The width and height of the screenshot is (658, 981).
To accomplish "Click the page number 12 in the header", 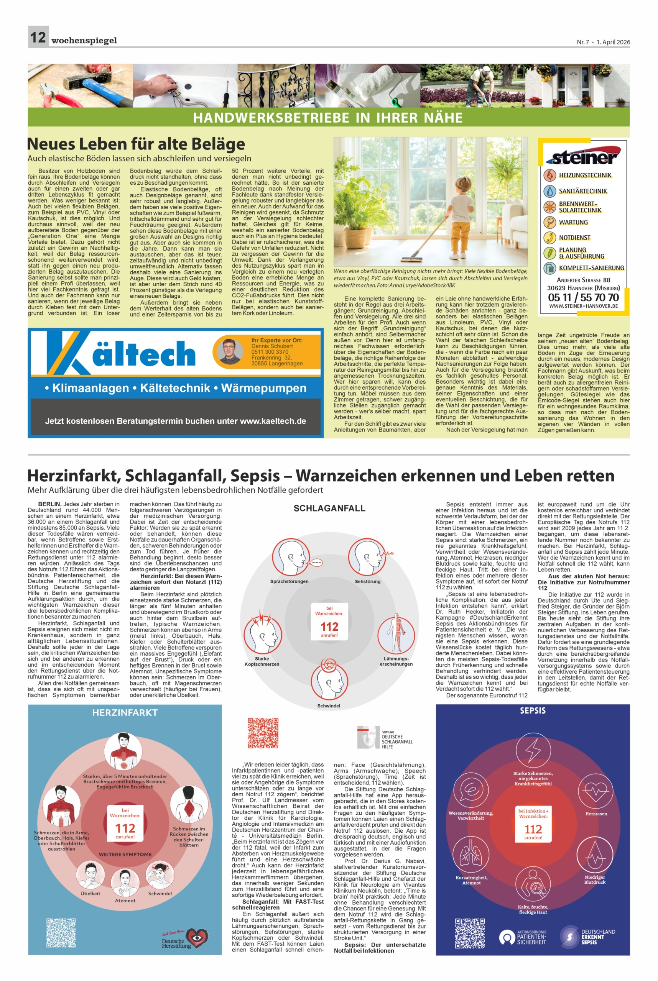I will [x=38, y=37].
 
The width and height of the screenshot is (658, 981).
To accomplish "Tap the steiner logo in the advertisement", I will [x=583, y=157].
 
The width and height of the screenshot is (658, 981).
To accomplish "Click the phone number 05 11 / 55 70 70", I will [x=583, y=297].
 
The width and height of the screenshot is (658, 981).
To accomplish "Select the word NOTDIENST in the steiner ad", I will [x=574, y=237].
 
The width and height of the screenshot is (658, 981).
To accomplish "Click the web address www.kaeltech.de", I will [x=273, y=421].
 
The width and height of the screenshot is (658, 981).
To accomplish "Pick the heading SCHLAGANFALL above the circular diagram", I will [x=329, y=509].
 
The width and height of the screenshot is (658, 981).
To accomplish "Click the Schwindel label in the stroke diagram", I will [x=329, y=706].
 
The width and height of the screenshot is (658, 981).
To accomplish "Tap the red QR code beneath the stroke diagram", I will [x=263, y=733].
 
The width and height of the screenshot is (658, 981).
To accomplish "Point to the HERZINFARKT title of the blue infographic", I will [x=125, y=713].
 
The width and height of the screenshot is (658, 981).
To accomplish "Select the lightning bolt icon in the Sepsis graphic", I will [x=533, y=749].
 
